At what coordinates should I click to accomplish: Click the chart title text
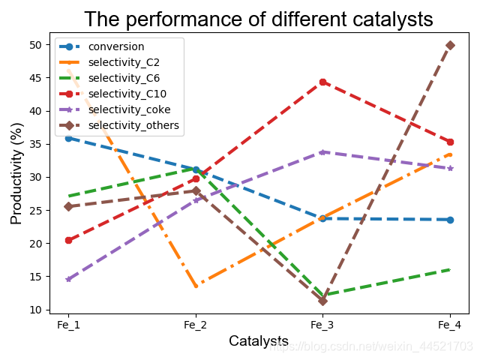(x=259, y=19)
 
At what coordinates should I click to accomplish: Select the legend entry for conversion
(x=116, y=46)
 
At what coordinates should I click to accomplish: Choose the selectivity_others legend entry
(x=133, y=125)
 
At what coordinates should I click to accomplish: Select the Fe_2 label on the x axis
(x=196, y=325)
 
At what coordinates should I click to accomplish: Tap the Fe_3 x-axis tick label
(x=322, y=325)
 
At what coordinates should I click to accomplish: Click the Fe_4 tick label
(x=450, y=325)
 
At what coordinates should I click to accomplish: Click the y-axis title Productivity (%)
(x=16, y=178)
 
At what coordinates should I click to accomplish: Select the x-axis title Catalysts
(x=259, y=341)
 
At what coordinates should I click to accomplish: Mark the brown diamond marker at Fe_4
(x=450, y=45)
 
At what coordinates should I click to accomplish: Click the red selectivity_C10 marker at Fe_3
(x=322, y=82)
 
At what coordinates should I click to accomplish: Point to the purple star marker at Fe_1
(x=68, y=279)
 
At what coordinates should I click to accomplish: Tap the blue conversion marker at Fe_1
(x=68, y=138)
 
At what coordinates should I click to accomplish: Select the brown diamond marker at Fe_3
(x=322, y=301)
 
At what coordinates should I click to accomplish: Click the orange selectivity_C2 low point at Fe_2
(x=196, y=286)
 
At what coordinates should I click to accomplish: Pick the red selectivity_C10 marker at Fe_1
(x=68, y=240)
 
